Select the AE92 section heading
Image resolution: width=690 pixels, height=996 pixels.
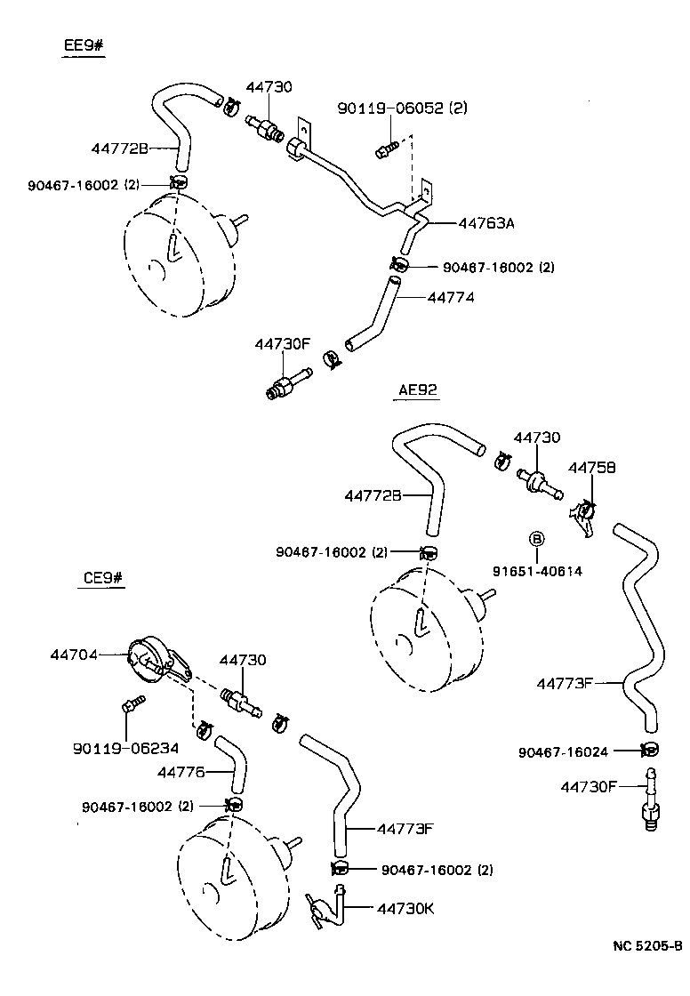click(419, 390)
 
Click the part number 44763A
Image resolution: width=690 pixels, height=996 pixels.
click(486, 223)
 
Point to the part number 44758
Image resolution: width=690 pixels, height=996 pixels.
click(591, 466)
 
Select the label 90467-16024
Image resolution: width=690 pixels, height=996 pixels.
click(563, 752)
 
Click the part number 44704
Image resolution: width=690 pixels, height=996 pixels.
click(73, 655)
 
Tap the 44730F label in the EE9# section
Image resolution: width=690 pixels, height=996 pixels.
click(282, 343)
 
